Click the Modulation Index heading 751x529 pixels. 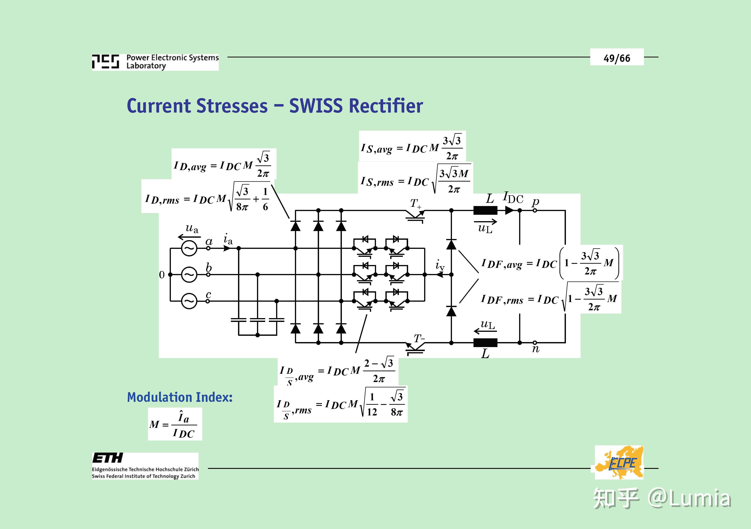tap(180, 397)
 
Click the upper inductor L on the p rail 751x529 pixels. tap(485, 210)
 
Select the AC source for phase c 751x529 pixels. tap(189, 301)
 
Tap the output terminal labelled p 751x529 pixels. tap(535, 210)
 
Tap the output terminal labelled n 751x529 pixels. tap(535, 343)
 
